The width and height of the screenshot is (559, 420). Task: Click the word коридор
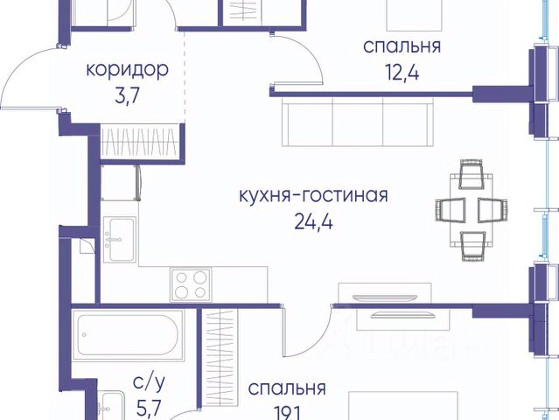coord(127,68)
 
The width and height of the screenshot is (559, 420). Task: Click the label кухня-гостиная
coord(312,195)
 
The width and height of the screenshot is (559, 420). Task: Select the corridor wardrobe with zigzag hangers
coord(142,141)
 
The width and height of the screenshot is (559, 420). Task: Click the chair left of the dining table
coord(447,210)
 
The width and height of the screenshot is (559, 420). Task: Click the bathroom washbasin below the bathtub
coord(112,406)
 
